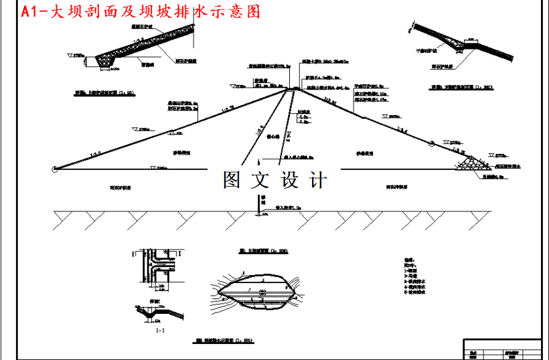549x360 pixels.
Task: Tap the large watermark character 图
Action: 232,180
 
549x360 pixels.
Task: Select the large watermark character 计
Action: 317,180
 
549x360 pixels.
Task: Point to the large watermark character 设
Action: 289,180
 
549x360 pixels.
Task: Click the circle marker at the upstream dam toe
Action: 54,169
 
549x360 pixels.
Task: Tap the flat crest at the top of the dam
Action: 293,88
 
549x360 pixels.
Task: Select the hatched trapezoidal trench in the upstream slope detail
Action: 107,60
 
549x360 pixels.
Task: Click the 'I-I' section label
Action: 159,330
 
